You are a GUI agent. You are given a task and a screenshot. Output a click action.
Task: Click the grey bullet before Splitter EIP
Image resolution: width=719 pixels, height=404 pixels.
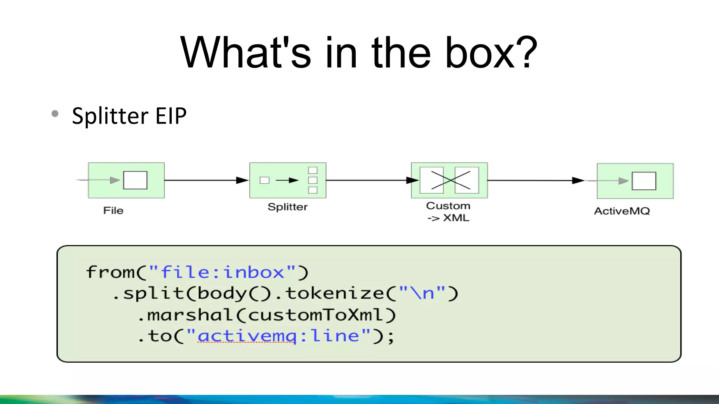(55, 114)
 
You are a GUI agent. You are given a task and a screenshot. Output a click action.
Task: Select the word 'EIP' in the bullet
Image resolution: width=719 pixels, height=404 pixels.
(171, 116)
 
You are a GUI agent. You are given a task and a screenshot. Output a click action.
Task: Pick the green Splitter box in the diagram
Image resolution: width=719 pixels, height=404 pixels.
(288, 180)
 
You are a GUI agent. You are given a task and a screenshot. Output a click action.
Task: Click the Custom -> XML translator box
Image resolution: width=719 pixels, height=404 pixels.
(449, 180)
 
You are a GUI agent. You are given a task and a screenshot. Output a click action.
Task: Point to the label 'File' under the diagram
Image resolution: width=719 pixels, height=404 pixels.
(113, 210)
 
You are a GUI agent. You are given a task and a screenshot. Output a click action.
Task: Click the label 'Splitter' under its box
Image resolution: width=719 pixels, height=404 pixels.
(288, 207)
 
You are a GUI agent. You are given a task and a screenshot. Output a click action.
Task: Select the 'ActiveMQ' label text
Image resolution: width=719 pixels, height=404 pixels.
(622, 211)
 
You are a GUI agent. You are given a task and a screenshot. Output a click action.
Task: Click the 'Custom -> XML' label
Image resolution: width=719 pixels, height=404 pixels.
(448, 212)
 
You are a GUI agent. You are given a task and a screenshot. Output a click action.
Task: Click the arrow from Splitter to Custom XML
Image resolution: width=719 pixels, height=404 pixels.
(369, 180)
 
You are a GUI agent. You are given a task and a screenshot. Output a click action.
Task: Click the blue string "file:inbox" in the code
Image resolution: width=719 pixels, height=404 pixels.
(222, 272)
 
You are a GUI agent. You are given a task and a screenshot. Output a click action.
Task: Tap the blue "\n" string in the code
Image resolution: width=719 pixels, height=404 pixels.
(422, 293)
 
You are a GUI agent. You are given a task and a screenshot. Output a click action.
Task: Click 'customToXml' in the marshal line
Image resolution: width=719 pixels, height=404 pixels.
(316, 315)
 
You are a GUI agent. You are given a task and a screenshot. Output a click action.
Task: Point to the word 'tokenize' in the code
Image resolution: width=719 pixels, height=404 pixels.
(335, 293)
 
